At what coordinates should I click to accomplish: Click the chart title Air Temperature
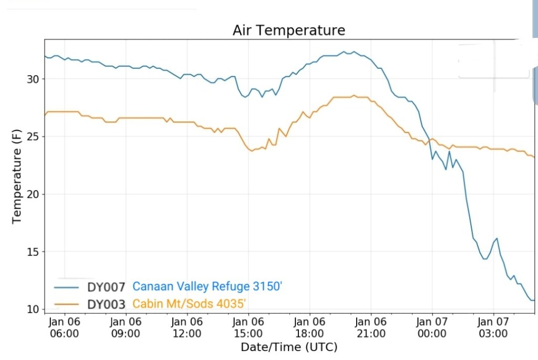tap(289, 30)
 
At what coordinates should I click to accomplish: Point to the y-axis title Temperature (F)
tap(17, 178)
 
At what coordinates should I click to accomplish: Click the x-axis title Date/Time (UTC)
tap(289, 347)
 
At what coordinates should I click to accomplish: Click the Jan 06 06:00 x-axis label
tap(64, 327)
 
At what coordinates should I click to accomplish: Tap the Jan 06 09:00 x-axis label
tap(126, 327)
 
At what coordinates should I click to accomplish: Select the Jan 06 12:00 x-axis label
tap(187, 327)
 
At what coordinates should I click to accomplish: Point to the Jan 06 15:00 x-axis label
tap(248, 327)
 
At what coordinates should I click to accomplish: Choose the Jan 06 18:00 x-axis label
tap(309, 327)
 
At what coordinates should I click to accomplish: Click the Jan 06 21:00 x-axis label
tap(371, 327)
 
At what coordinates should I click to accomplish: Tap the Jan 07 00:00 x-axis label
tap(432, 327)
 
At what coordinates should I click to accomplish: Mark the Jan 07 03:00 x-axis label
tap(493, 327)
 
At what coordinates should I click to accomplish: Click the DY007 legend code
tap(106, 287)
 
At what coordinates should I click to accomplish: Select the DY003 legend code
tap(106, 304)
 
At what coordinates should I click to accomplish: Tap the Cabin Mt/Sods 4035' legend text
tap(190, 304)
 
